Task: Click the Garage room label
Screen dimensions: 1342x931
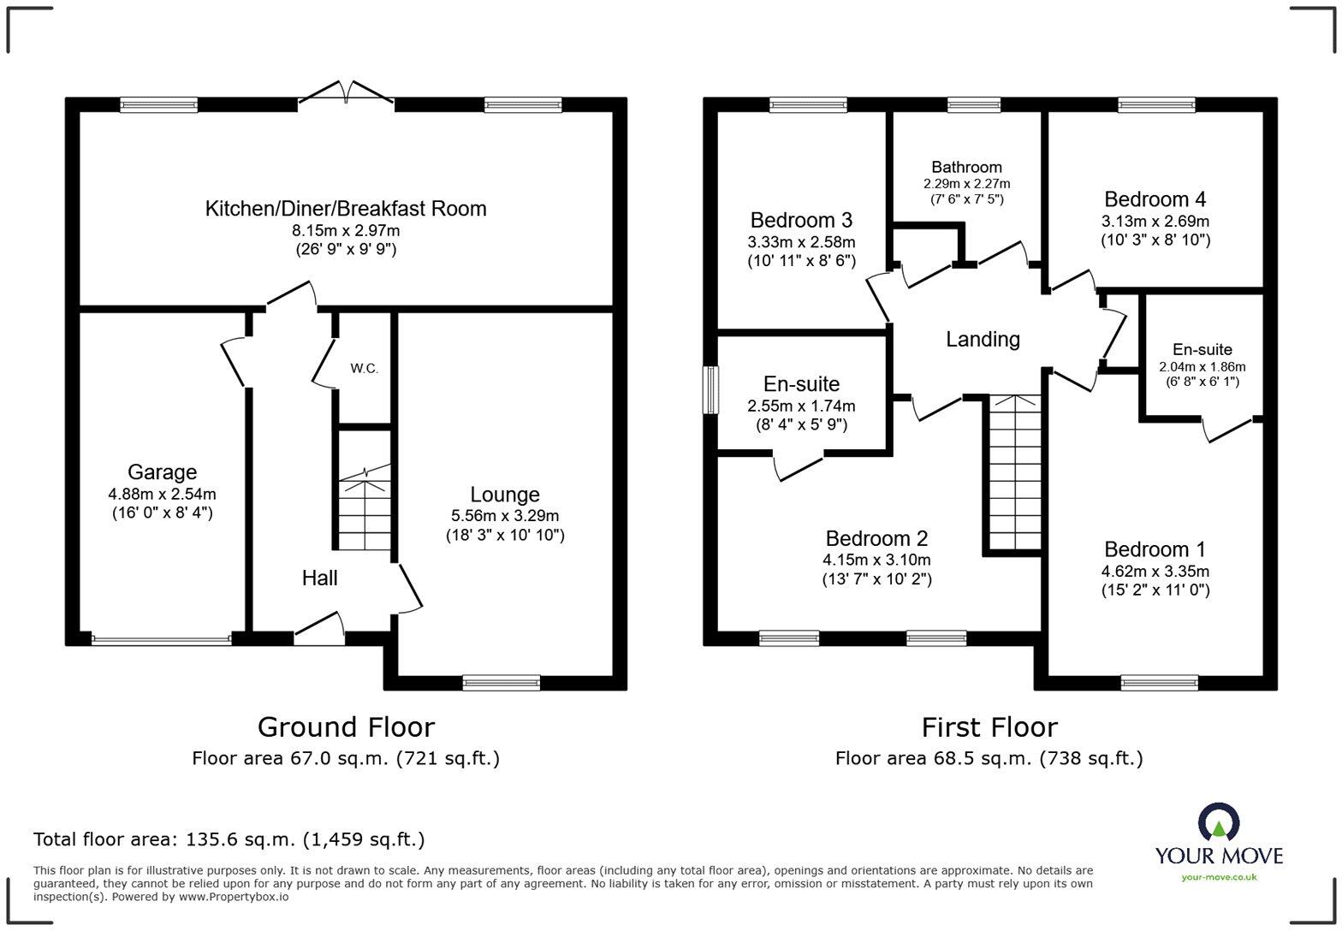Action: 163,472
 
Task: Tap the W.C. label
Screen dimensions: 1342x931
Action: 365,369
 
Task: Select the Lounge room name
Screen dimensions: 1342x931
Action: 505,495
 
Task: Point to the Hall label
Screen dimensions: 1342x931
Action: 320,578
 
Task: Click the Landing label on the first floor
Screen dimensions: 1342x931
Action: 983,339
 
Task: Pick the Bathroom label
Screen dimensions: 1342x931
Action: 966,167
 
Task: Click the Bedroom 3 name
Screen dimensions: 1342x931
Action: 801,220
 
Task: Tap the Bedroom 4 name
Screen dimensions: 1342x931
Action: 1155,199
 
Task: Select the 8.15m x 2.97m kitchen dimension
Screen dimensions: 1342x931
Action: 346,231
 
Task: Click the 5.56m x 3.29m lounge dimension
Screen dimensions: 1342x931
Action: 505,516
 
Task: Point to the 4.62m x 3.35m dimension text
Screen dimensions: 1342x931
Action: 1155,571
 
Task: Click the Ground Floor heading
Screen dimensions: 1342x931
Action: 347,727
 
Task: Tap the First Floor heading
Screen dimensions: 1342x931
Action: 989,727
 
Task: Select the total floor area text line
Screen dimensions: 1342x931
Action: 229,839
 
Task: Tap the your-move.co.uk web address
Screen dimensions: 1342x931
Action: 1219,877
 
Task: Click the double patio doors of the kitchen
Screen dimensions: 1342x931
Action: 347,96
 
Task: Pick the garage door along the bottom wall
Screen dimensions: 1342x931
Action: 161,640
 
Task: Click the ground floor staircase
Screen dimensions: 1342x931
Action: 365,507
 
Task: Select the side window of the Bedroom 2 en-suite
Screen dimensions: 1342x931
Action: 710,390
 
